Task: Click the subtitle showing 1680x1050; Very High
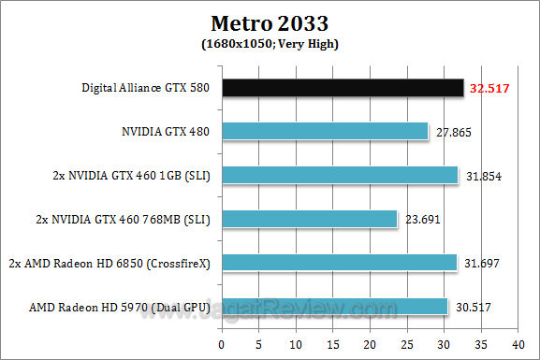tap(270, 43)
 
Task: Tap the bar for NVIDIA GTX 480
tap(325, 132)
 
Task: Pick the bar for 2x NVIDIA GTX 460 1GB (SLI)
tap(340, 175)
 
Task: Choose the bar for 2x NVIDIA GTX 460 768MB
tap(309, 219)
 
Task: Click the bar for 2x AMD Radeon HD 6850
tap(339, 263)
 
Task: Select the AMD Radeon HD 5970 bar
tap(335, 306)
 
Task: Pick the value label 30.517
tap(473, 307)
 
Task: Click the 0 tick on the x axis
tap(222, 340)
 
